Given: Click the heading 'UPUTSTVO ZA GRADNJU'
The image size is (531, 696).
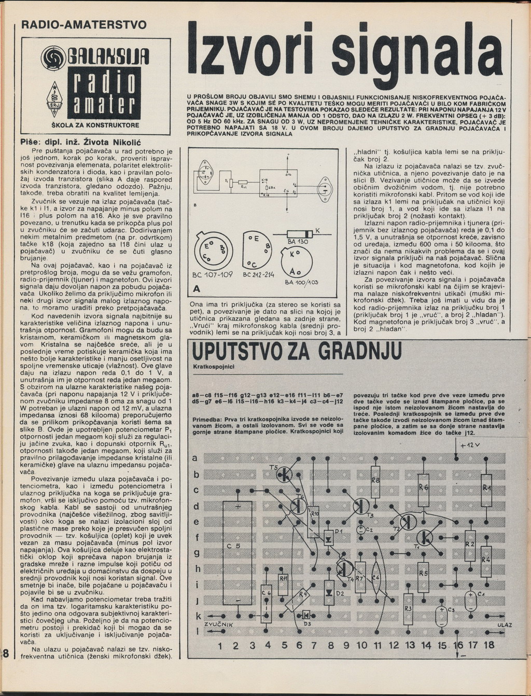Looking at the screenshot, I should (297, 352).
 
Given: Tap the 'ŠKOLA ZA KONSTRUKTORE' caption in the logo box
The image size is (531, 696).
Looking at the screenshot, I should (96, 126).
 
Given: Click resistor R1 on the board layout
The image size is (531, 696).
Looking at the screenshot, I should (486, 489).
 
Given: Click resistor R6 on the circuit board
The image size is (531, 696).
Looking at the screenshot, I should (423, 489).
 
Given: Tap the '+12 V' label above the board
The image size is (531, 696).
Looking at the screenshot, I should (470, 446).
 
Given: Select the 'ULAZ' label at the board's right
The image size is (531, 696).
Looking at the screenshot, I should (504, 625).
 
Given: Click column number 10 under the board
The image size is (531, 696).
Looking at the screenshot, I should (361, 646).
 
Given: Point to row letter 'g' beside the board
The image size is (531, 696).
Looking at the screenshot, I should (197, 553).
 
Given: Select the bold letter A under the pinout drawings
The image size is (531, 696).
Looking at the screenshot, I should (196, 289).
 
